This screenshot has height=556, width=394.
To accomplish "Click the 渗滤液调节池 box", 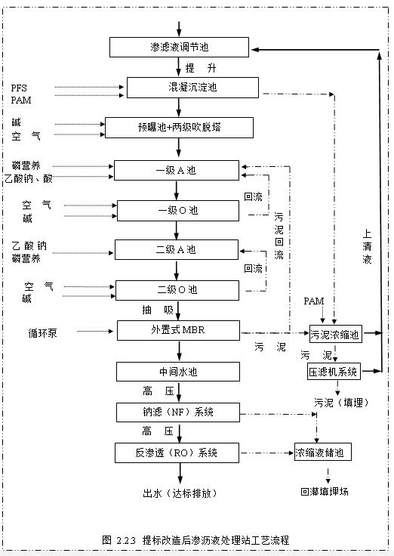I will pos(178,48).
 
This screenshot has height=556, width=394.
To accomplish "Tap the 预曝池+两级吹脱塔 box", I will pos(178,127).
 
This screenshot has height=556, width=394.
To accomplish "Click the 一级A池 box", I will pos(176,170).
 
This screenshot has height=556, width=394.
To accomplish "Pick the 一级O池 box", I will pos(177,210).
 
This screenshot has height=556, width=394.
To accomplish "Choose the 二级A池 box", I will pos(176,249).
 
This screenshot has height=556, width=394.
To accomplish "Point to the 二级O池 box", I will pos(177,289).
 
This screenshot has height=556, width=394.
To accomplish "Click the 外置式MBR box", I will pos(178,331).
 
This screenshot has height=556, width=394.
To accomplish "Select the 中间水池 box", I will pos(178,372).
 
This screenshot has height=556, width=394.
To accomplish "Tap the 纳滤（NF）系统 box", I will pos(178,412).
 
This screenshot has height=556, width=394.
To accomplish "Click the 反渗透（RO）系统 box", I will pos(178,453).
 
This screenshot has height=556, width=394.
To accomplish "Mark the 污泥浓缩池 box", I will pos(335,333).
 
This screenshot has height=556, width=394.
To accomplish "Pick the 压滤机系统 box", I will pos(333,372).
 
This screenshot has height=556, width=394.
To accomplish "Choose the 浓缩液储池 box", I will pos(323,453).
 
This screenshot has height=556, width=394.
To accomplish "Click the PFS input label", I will pos(19,88).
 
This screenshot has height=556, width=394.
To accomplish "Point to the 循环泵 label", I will pos(42,332).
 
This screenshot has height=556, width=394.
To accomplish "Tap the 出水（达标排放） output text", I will pos(180,493).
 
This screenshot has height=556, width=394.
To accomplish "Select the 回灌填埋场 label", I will pos(324,491).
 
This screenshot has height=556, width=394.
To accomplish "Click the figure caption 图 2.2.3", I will pos(195,540).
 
